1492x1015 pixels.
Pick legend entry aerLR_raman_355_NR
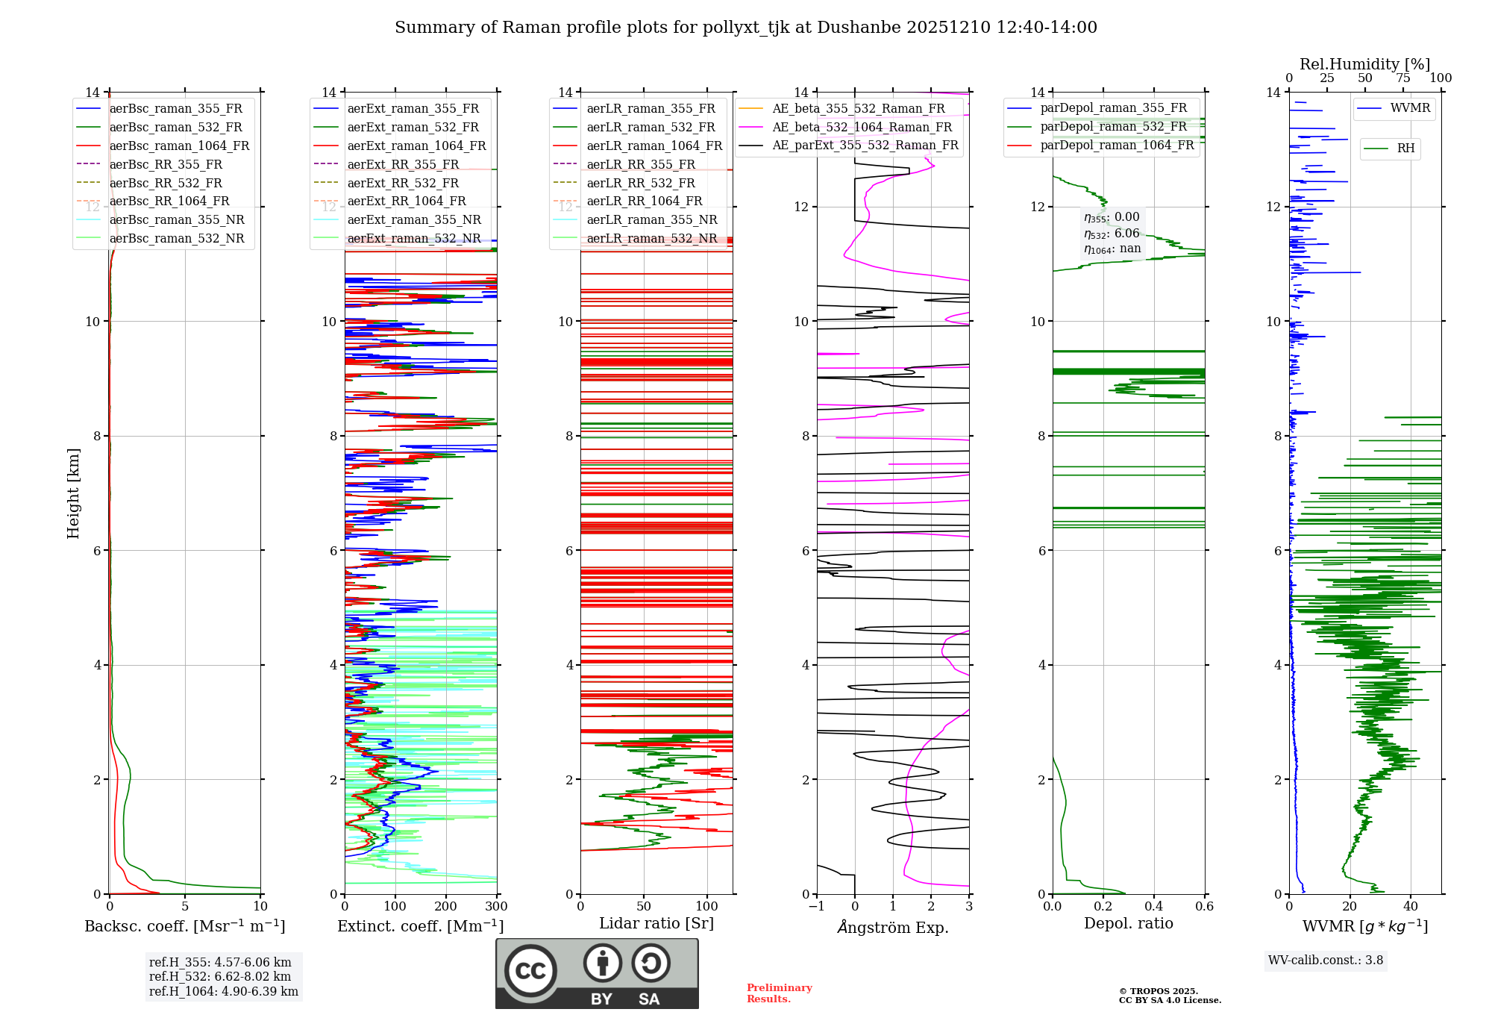click(651, 220)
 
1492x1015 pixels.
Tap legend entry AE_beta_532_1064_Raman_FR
click(862, 128)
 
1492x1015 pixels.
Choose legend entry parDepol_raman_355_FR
click(1113, 108)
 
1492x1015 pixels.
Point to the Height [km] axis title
click(73, 493)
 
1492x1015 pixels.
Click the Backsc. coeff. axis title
click(184, 926)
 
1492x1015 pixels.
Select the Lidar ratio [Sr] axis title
click(656, 923)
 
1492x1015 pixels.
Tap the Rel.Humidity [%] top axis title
click(1364, 64)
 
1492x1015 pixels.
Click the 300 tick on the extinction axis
click(496, 907)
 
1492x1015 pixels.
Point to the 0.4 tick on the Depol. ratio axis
click(1153, 907)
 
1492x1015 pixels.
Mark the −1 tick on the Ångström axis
click(817, 907)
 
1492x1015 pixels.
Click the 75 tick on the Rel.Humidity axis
click(1403, 78)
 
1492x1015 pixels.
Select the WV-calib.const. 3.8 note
click(1325, 961)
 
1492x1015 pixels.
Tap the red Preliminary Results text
click(779, 993)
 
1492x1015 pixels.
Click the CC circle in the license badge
click(530, 971)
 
